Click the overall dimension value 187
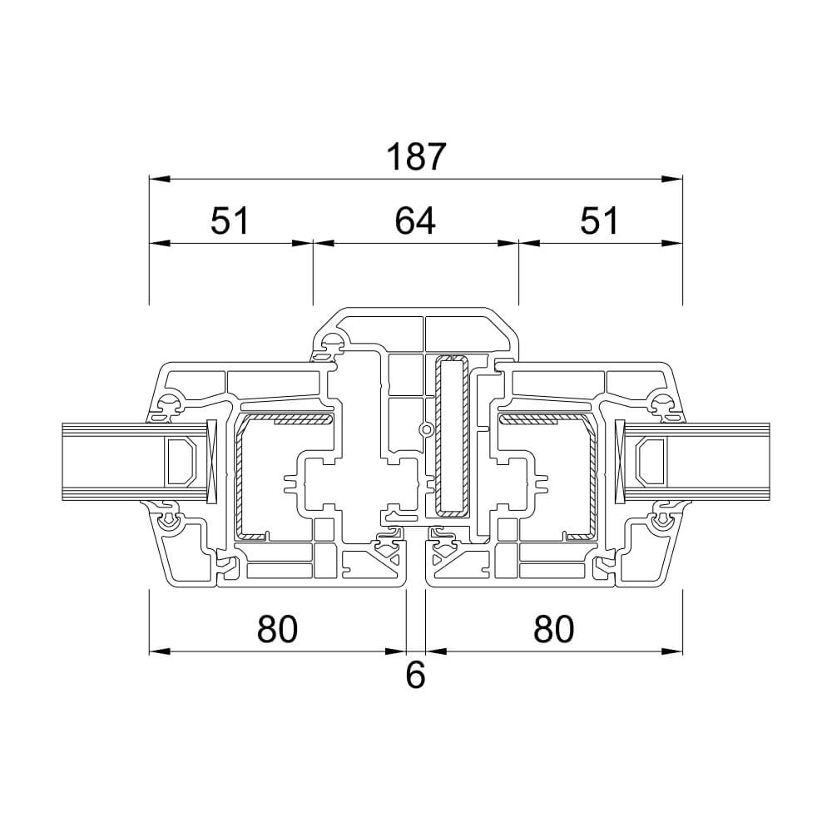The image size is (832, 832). tap(415, 157)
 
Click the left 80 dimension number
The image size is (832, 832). tap(278, 629)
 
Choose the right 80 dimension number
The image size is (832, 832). tap(554, 629)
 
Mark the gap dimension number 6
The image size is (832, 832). tap(415, 676)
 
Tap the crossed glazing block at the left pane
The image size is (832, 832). tap(211, 461)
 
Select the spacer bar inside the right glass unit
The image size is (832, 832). tap(650, 461)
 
